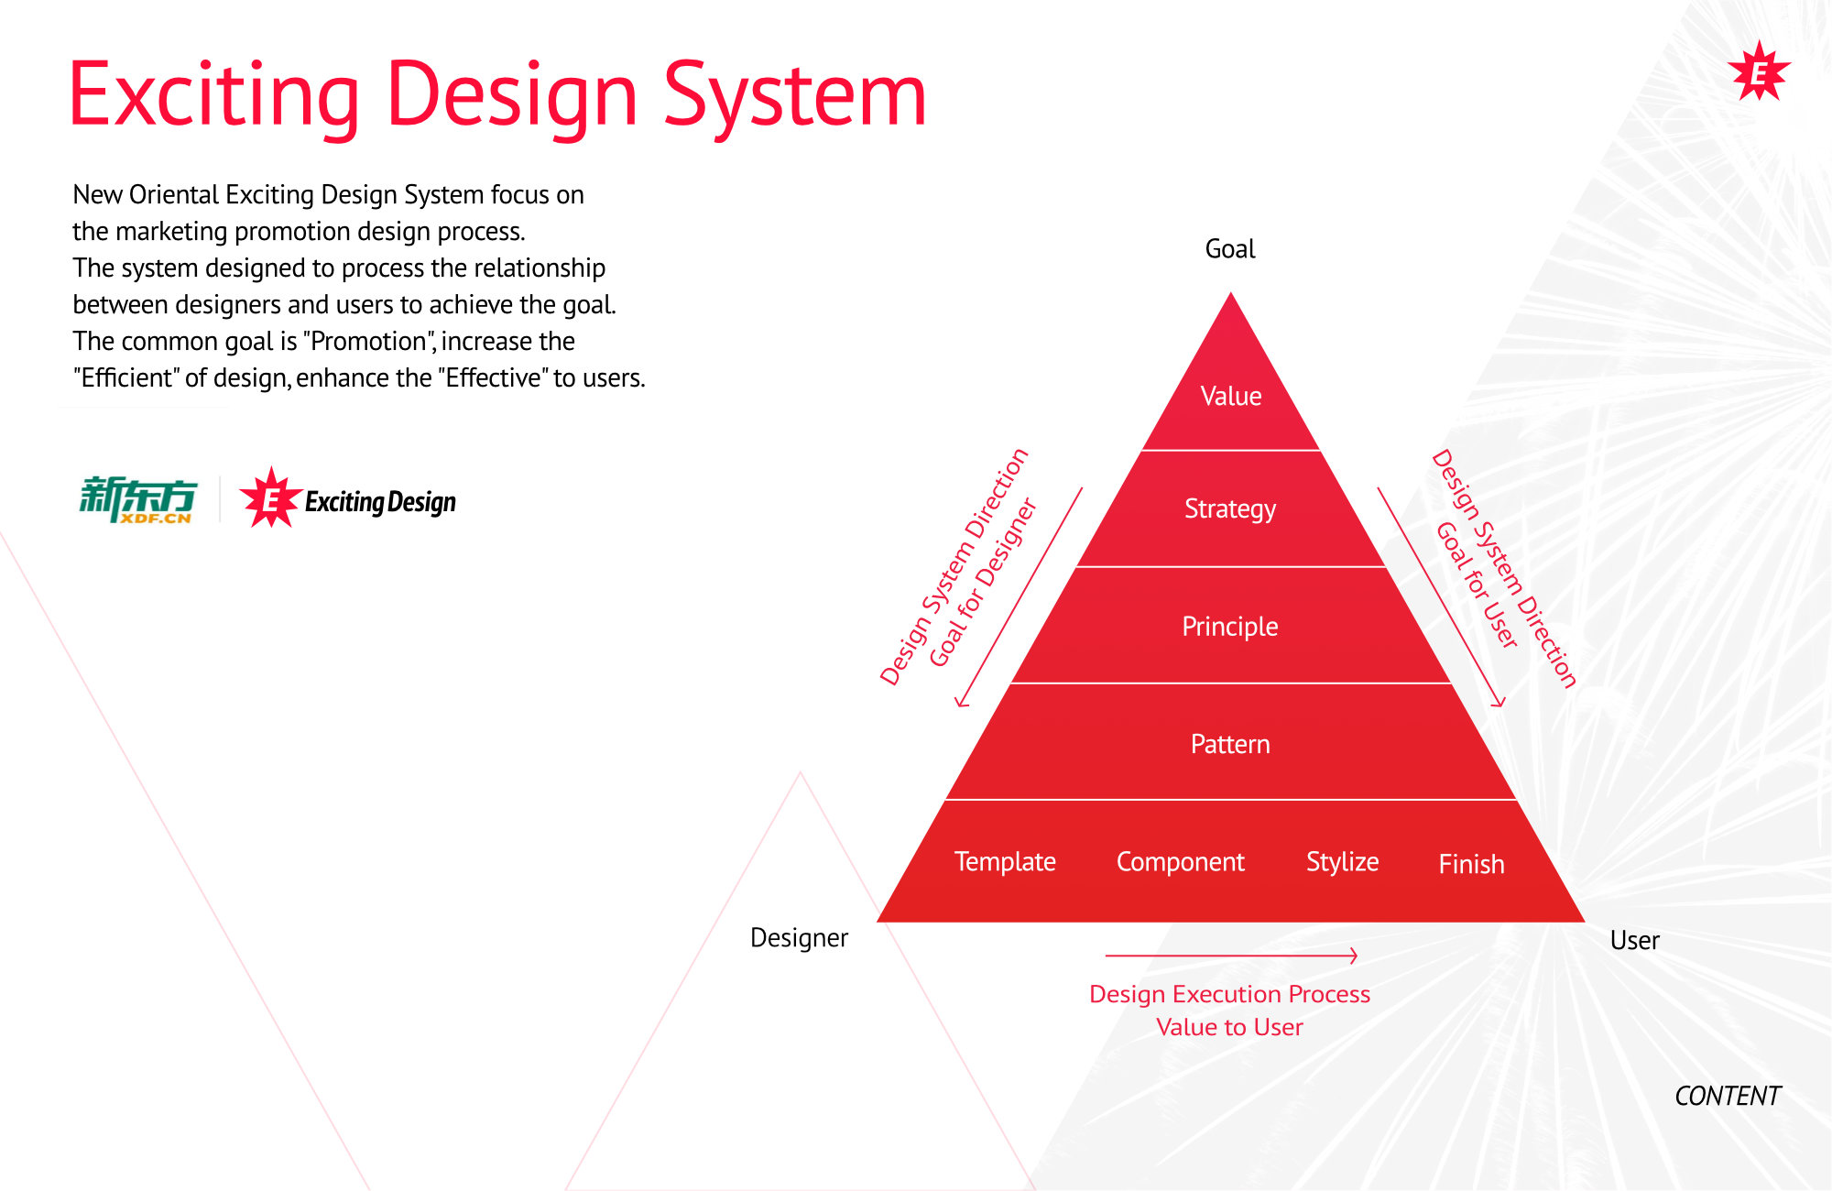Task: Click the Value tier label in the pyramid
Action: coord(1231,396)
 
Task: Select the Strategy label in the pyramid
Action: coord(1230,509)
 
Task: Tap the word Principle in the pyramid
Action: coord(1230,627)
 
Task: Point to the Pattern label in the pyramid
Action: coord(1230,744)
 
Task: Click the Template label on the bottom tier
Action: coord(1005,862)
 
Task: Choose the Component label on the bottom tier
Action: coord(1181,862)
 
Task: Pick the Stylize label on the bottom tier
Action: coord(1343,862)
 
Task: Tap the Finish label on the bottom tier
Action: coord(1472,864)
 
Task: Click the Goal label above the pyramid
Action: coord(1230,249)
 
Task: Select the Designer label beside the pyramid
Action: coord(800,938)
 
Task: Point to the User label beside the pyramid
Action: coord(1635,941)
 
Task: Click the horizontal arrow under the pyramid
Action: coord(1231,956)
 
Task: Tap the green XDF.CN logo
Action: coord(138,500)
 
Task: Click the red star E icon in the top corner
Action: coord(1759,72)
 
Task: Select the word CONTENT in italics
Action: coord(1728,1096)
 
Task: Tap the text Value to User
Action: coord(1229,1028)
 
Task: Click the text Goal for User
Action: coord(1477,585)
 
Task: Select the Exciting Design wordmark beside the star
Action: coord(380,502)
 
